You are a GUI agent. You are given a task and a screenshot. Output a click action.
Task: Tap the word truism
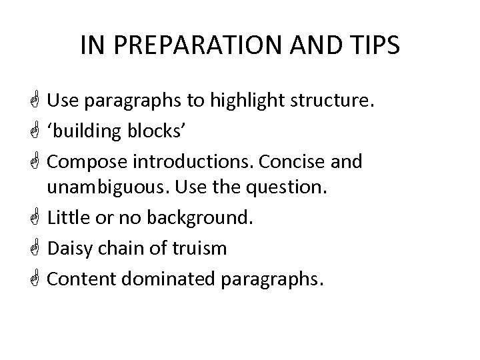click(200, 248)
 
